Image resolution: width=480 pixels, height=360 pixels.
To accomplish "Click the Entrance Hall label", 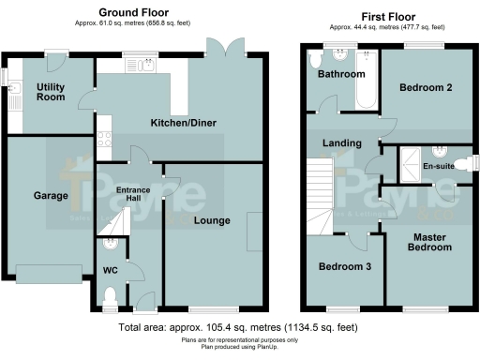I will pos(132,196).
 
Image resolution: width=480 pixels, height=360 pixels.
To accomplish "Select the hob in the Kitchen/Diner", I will pos(104,140).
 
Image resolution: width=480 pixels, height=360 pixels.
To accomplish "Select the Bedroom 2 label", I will pos(426,88).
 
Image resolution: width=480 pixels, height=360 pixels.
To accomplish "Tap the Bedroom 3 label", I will pos(343,267).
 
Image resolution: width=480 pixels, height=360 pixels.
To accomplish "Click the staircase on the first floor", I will pos(322,197).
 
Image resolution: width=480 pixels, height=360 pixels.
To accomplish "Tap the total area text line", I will pos(238,328).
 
